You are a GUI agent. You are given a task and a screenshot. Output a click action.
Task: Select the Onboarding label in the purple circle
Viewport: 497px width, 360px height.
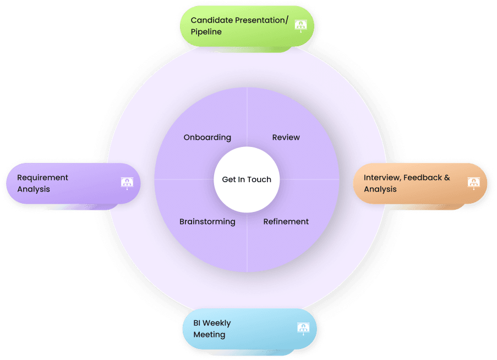point(207,138)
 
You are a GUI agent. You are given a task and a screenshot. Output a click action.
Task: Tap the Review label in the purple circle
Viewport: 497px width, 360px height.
point(286,138)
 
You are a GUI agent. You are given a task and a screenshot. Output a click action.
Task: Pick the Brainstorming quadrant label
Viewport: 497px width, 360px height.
point(207,222)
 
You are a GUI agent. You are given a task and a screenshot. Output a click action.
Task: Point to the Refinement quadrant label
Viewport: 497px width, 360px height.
point(286,222)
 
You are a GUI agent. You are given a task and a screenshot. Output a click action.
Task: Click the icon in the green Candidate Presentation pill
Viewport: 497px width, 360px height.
point(301,25)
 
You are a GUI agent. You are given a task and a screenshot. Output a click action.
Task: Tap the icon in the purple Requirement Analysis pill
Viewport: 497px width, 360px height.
point(127,183)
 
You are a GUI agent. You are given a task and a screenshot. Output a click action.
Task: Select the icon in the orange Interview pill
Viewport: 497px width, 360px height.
point(473,183)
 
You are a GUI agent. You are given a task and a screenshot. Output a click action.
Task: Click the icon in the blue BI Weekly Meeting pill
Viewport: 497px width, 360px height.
point(303,329)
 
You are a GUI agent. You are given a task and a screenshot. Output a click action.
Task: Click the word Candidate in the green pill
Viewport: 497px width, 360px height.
point(211,20)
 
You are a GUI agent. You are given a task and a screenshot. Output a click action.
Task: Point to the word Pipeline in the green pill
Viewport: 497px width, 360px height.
point(206,32)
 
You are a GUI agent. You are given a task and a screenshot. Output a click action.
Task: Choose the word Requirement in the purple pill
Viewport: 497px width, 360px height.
point(42,178)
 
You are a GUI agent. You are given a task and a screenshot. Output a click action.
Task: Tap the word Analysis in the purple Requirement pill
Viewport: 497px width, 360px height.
point(34,189)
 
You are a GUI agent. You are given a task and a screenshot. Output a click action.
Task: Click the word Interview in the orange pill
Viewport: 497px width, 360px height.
point(382,178)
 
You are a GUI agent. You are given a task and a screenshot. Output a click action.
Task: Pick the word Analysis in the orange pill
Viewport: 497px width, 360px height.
point(380,189)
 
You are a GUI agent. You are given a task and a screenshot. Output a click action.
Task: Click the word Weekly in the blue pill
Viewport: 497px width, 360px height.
point(216,323)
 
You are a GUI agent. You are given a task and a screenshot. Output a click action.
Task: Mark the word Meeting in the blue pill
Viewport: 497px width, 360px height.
point(209,335)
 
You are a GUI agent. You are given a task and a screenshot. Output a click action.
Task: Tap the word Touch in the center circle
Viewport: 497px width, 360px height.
point(259,179)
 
